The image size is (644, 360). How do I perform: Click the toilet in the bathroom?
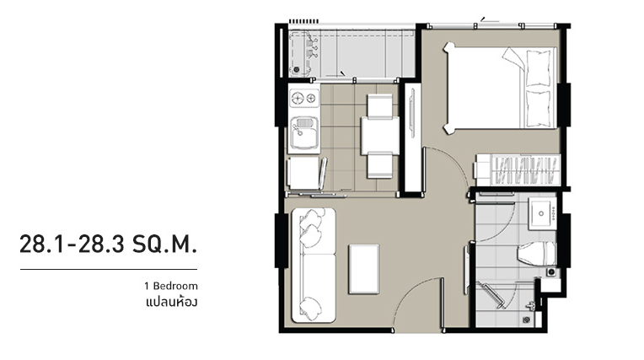coord(537,253)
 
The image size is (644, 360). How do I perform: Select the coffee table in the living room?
coord(364,269)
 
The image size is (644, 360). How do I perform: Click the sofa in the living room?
coord(314,265)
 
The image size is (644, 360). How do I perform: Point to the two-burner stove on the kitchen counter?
coord(304,98)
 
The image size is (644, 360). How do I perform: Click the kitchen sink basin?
coord(304,132)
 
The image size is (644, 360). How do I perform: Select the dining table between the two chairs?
coord(380,136)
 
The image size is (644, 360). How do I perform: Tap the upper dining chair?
coord(379,105)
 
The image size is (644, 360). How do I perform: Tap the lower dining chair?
coord(379,165)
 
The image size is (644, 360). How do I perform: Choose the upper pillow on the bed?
coord(539,68)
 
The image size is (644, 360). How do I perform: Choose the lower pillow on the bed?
coord(539,109)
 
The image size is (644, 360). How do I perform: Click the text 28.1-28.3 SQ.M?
coord(109,244)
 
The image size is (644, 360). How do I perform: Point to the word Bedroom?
coord(175,286)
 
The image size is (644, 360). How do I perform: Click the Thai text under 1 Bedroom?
coord(172,303)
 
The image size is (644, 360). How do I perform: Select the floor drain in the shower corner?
coord(526,320)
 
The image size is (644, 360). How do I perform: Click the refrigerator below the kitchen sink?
coord(305,173)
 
